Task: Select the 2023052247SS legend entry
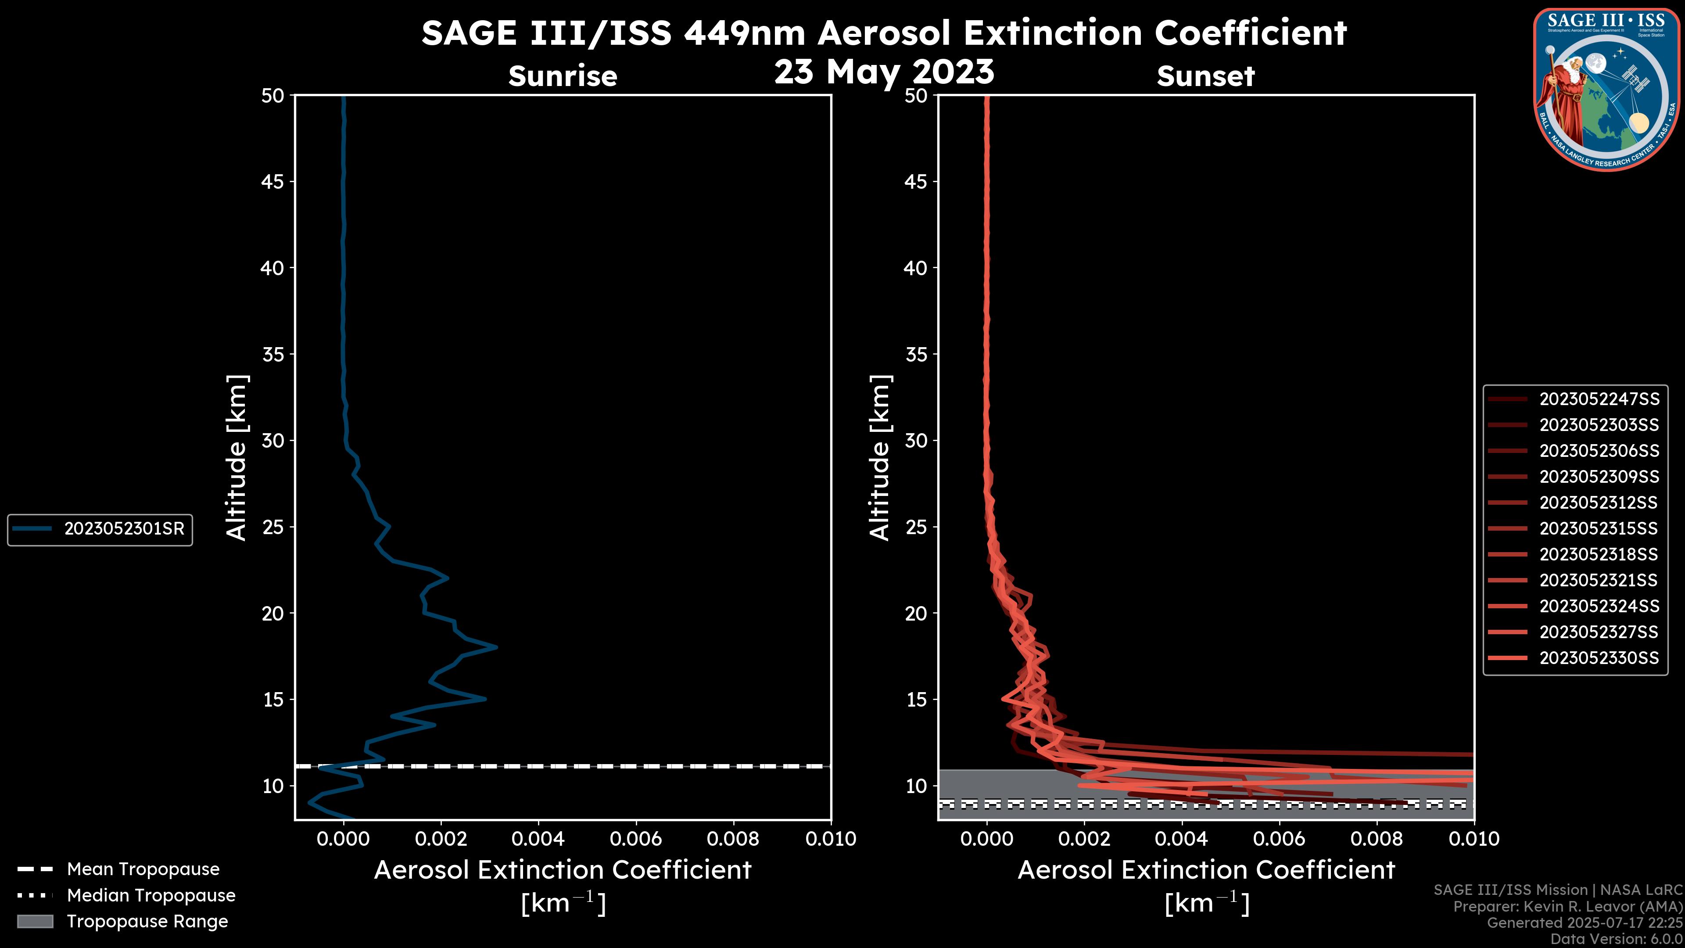1599,399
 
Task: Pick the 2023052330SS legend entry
1599,658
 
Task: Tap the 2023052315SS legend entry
1599,528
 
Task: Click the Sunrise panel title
563,76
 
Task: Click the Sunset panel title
1205,76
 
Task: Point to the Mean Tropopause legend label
143,869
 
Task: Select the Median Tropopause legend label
151,896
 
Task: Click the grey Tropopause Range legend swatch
35,921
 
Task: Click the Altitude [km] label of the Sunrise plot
236,458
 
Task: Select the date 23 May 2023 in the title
884,72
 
